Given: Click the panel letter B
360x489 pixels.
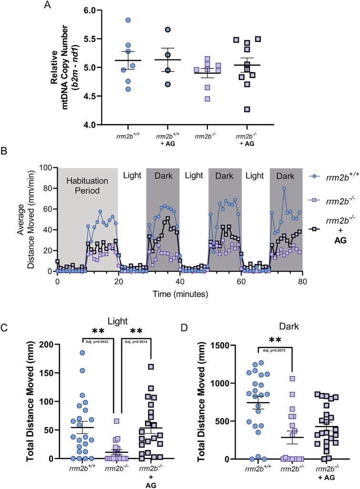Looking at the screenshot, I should coord(5,152).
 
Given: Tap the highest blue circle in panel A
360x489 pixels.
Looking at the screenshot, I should coord(114,20).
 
